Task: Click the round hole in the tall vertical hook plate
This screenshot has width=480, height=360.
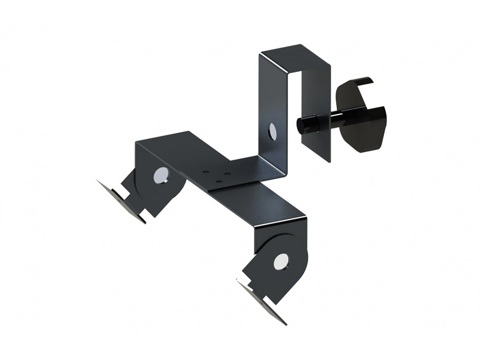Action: [x=271, y=131]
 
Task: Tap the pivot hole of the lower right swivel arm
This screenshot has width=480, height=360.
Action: [x=281, y=261]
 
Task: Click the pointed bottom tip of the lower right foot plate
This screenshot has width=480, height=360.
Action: [x=285, y=324]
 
